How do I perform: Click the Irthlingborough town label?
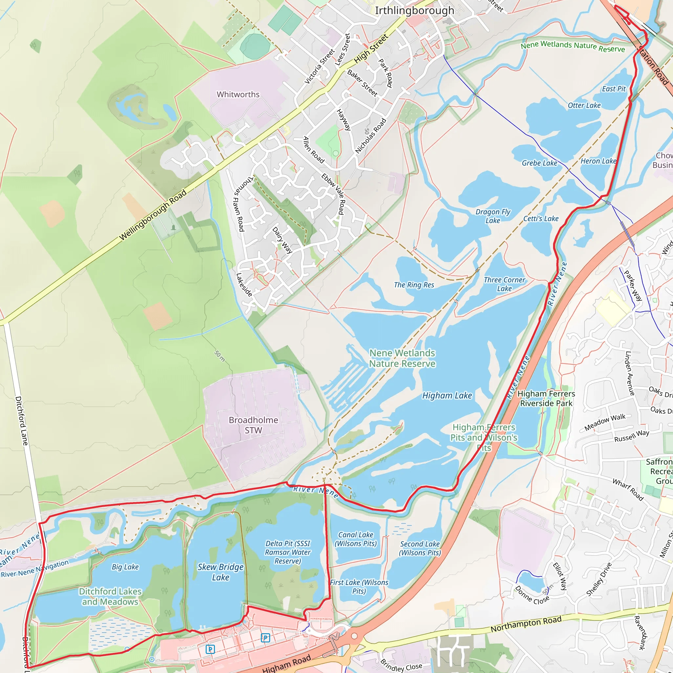(x=414, y=11)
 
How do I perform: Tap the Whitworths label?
(x=238, y=94)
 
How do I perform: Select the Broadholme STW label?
(x=253, y=425)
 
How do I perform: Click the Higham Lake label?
(x=447, y=396)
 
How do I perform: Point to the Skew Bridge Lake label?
(x=220, y=572)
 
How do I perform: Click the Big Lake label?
(x=125, y=567)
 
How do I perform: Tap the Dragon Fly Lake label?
(x=493, y=216)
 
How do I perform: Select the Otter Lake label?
(x=584, y=105)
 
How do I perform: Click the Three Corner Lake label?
(x=504, y=284)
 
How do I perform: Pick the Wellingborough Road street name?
(x=153, y=215)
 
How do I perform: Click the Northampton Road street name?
(x=526, y=624)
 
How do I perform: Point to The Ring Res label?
(x=414, y=285)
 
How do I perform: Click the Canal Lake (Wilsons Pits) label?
(x=356, y=539)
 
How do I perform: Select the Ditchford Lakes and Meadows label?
(x=110, y=596)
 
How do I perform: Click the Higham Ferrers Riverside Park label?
(x=546, y=399)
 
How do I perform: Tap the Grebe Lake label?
(x=539, y=163)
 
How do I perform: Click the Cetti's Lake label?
(x=541, y=219)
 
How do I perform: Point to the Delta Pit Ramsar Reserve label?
(x=288, y=552)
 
